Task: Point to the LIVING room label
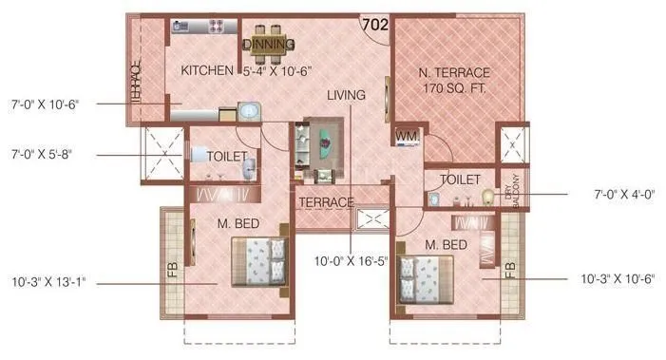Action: click(x=346, y=95)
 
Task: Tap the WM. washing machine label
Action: click(x=407, y=137)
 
